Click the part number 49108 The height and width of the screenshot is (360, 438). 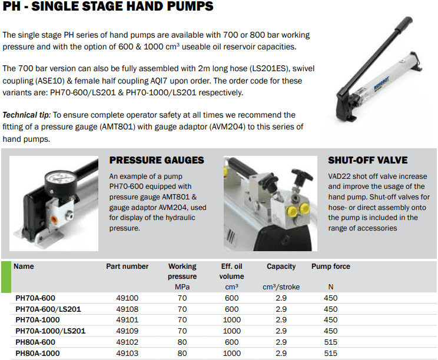pyautogui.click(x=127, y=309)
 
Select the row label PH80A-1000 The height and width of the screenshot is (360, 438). pyautogui.click(x=38, y=354)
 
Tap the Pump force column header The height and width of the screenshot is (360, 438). pyautogui.click(x=331, y=266)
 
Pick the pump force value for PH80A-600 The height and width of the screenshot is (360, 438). pyautogui.click(x=331, y=342)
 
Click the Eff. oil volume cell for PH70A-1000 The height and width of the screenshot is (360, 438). pyautogui.click(x=231, y=320)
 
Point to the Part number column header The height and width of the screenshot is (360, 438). pyautogui.click(x=127, y=266)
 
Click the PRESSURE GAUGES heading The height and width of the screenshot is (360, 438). pyautogui.click(x=157, y=160)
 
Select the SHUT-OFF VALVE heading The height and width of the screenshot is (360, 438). pyautogui.click(x=367, y=160)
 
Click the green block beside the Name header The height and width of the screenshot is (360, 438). pyautogui.click(x=6, y=277)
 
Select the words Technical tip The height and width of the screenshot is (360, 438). pyautogui.click(x=26, y=115)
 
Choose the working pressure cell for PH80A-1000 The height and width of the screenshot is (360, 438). pyautogui.click(x=182, y=354)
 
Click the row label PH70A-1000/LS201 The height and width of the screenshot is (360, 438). pyautogui.click(x=51, y=331)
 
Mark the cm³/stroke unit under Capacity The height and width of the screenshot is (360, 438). pyautogui.click(x=281, y=287)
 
